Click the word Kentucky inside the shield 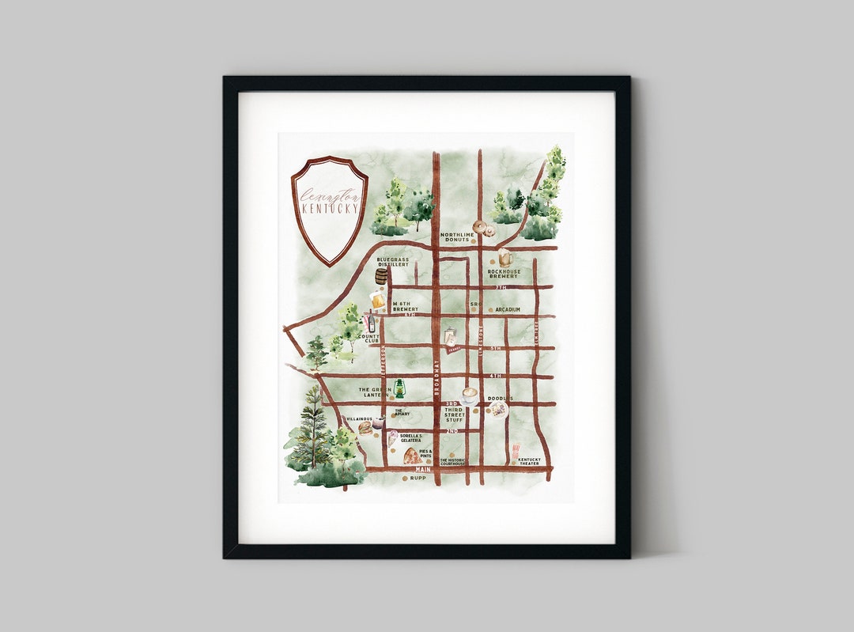pos(330,209)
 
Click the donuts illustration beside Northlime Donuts pos(483,229)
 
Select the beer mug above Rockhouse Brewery pos(504,257)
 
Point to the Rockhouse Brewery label pos(504,274)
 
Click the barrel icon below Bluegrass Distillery pos(382,276)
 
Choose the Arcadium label pos(508,310)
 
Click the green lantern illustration pos(399,388)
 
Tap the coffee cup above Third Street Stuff pos(470,393)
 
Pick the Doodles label pos(500,399)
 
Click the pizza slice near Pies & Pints pos(412,456)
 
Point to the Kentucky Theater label pos(530,461)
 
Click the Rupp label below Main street pos(418,479)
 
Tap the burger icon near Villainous pos(365,428)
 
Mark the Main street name pos(423,469)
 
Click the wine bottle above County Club pos(369,322)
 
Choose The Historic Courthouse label pos(453,461)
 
